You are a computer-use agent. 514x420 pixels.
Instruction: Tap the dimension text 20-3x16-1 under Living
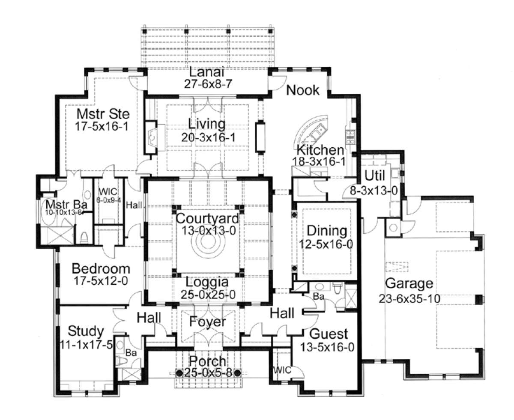click(208, 137)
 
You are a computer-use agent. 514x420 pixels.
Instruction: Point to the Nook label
click(303, 90)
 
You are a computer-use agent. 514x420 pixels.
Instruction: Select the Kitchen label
click(320, 150)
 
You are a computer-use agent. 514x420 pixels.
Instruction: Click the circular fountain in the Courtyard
click(208, 243)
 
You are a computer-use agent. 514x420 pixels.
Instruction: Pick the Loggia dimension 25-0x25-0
click(208, 295)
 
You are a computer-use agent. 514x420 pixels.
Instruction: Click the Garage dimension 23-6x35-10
click(409, 299)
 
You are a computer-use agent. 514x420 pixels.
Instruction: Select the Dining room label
click(327, 231)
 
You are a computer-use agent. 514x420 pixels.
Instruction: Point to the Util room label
click(375, 176)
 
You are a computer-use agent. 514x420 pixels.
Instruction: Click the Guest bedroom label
click(328, 334)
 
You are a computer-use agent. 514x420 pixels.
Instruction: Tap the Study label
click(86, 331)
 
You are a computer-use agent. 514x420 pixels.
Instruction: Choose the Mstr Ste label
click(103, 114)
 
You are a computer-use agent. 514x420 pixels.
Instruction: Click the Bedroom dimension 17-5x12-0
click(101, 281)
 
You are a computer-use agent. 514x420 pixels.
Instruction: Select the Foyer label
click(208, 322)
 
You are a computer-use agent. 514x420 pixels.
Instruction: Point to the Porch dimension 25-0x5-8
click(208, 373)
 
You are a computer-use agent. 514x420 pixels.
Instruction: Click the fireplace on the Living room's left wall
click(151, 137)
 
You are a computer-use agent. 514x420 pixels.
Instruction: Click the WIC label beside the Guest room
click(282, 370)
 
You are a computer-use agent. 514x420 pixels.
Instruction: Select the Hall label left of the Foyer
click(149, 318)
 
